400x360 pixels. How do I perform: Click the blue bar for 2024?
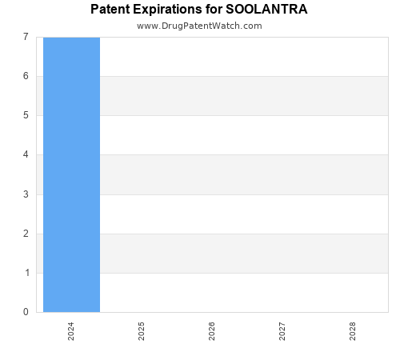[x=71, y=174]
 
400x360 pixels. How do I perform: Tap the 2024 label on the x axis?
[x=71, y=331]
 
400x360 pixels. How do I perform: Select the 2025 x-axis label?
[x=142, y=331]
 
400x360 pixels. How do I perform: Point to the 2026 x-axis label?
[x=212, y=331]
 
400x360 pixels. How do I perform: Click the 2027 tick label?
[x=282, y=331]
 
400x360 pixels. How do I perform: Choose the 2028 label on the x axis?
[x=353, y=331]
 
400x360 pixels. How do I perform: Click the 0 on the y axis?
[x=26, y=312]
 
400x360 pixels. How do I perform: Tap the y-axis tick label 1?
[x=26, y=273]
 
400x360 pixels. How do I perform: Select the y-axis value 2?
[x=26, y=234]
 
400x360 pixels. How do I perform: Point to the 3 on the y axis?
[x=26, y=194]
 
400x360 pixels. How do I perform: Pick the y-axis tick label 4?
[x=26, y=155]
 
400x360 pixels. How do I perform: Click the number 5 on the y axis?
[x=26, y=115]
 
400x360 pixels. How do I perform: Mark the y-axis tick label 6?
[x=26, y=76]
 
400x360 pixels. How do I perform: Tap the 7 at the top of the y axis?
[x=26, y=37]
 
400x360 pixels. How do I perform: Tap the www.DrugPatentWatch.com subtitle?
[x=199, y=26]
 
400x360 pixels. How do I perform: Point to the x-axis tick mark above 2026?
[x=212, y=314]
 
